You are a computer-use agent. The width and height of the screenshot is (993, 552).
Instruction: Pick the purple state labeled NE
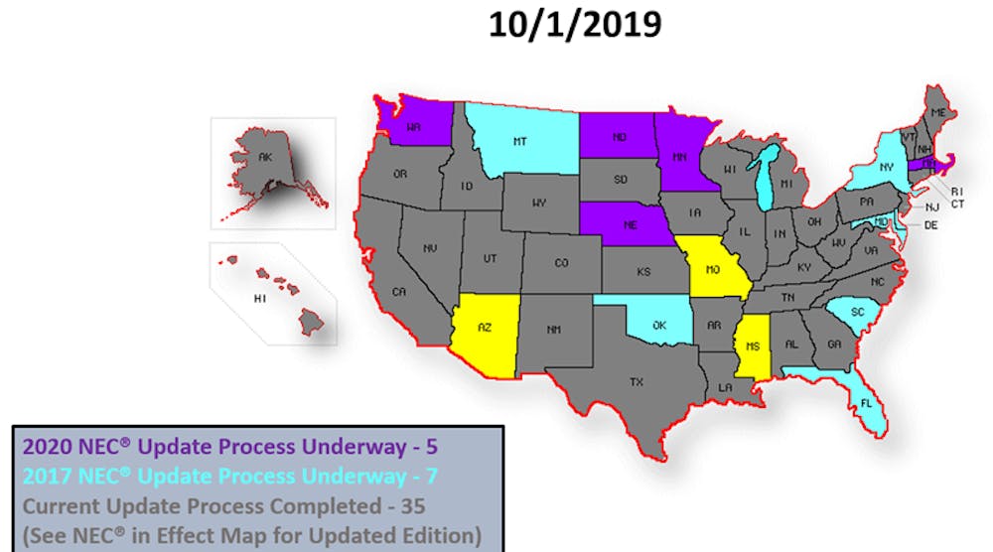pos(630,224)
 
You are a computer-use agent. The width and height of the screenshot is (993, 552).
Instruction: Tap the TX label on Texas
pos(637,381)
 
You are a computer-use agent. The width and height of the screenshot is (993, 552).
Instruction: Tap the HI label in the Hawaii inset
pos(261,298)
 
